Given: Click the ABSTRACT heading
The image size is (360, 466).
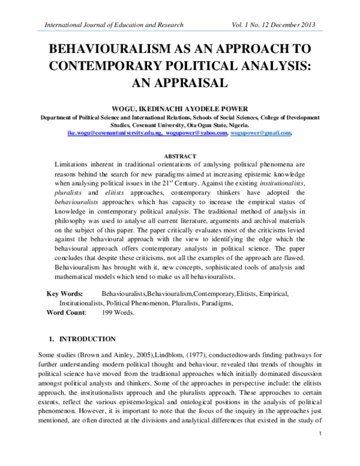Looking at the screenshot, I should (181, 155).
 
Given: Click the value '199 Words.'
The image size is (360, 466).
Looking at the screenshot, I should (119, 312).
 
